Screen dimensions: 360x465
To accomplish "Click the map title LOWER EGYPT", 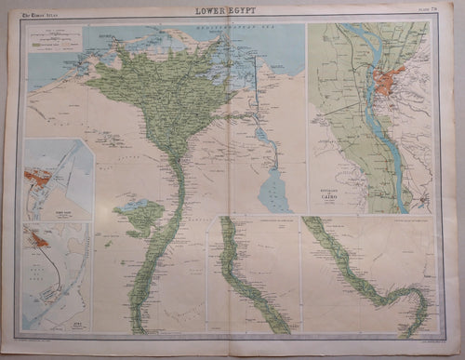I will (232, 10).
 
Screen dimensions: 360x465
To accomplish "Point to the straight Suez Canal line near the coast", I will (257, 88).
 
